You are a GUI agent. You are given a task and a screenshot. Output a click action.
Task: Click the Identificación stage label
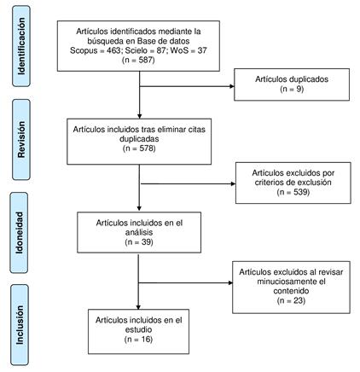(21, 46)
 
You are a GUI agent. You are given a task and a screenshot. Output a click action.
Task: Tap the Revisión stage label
(21, 139)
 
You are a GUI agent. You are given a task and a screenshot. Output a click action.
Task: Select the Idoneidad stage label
(20, 233)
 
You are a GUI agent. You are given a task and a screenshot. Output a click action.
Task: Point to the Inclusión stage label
(20, 325)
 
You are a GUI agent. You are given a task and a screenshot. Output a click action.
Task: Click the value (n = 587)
(138, 60)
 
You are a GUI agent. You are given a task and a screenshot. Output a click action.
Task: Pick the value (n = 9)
(292, 89)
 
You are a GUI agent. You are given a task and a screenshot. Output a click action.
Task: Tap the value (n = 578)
(139, 148)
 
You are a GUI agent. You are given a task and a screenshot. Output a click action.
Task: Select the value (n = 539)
(293, 192)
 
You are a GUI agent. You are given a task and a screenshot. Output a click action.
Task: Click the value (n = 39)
(139, 242)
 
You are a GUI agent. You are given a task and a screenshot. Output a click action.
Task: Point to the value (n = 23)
(291, 300)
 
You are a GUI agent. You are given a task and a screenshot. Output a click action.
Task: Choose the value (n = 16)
(138, 340)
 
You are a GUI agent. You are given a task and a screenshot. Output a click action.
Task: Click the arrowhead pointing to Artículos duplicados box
(232, 86)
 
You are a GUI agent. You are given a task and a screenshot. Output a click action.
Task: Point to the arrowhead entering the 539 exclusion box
(233, 183)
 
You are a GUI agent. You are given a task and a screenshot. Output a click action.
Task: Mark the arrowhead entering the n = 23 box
(230, 282)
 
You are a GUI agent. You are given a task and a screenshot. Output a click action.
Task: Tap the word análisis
(139, 232)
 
